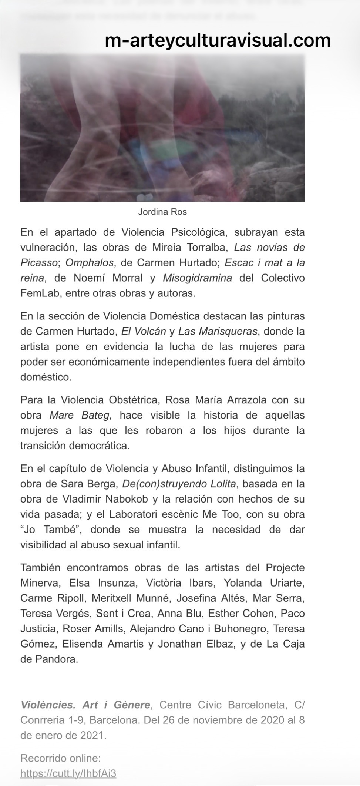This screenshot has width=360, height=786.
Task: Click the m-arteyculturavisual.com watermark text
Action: tap(218, 40)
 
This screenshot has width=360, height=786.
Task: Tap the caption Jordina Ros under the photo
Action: tap(162, 212)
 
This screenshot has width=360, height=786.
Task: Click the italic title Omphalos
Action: tap(89, 262)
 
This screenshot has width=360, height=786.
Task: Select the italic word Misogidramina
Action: tap(197, 278)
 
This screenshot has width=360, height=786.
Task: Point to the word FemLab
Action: tap(36, 293)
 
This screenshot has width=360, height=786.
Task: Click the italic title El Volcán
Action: tap(144, 331)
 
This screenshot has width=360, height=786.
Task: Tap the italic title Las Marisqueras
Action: tap(218, 331)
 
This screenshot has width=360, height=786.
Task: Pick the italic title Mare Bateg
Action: tap(80, 415)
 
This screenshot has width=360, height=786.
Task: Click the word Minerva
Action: tap(40, 583)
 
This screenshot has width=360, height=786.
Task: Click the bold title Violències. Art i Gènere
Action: tap(85, 705)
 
